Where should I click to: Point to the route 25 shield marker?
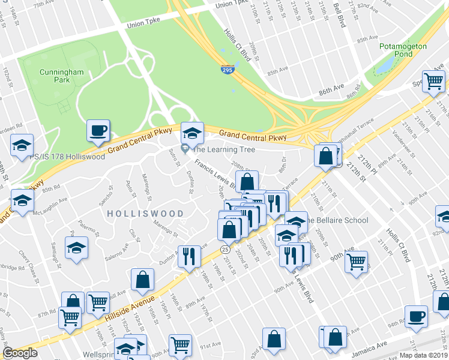[x=225, y=249]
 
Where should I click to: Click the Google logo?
[x=20, y=353]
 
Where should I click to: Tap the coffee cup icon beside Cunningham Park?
[x=98, y=130]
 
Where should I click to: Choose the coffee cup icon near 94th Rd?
[x=416, y=316]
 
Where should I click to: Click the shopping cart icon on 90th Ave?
[x=357, y=262]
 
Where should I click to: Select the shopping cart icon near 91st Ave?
[x=180, y=345]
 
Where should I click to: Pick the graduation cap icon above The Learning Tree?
[x=192, y=132]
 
